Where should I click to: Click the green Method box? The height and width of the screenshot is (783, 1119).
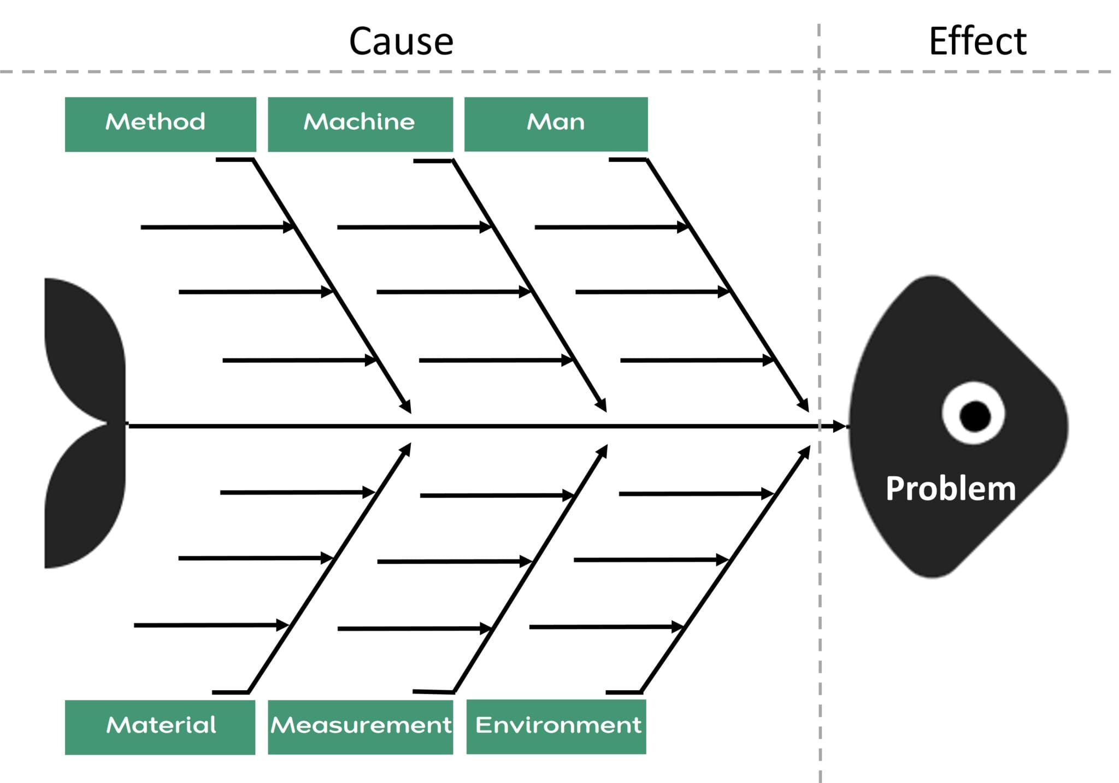coord(160,124)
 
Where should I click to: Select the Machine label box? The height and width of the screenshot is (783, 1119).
coord(360,124)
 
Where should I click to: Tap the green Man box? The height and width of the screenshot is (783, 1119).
coord(556,124)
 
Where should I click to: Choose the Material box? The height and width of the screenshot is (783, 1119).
coord(160,727)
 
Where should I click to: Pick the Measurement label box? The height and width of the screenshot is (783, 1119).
coord(360,727)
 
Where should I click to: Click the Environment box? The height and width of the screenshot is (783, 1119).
coord(556,726)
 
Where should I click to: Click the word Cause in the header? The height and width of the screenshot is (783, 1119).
coord(401,42)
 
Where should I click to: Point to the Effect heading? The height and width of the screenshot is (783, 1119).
coord(977,42)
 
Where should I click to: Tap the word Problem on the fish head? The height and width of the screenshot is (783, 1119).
coord(951,488)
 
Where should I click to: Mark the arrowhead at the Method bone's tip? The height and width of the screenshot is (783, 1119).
coord(405,407)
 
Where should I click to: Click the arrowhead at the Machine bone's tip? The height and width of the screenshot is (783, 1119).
coord(601,405)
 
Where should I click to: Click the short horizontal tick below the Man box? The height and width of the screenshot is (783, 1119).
coord(627,160)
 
